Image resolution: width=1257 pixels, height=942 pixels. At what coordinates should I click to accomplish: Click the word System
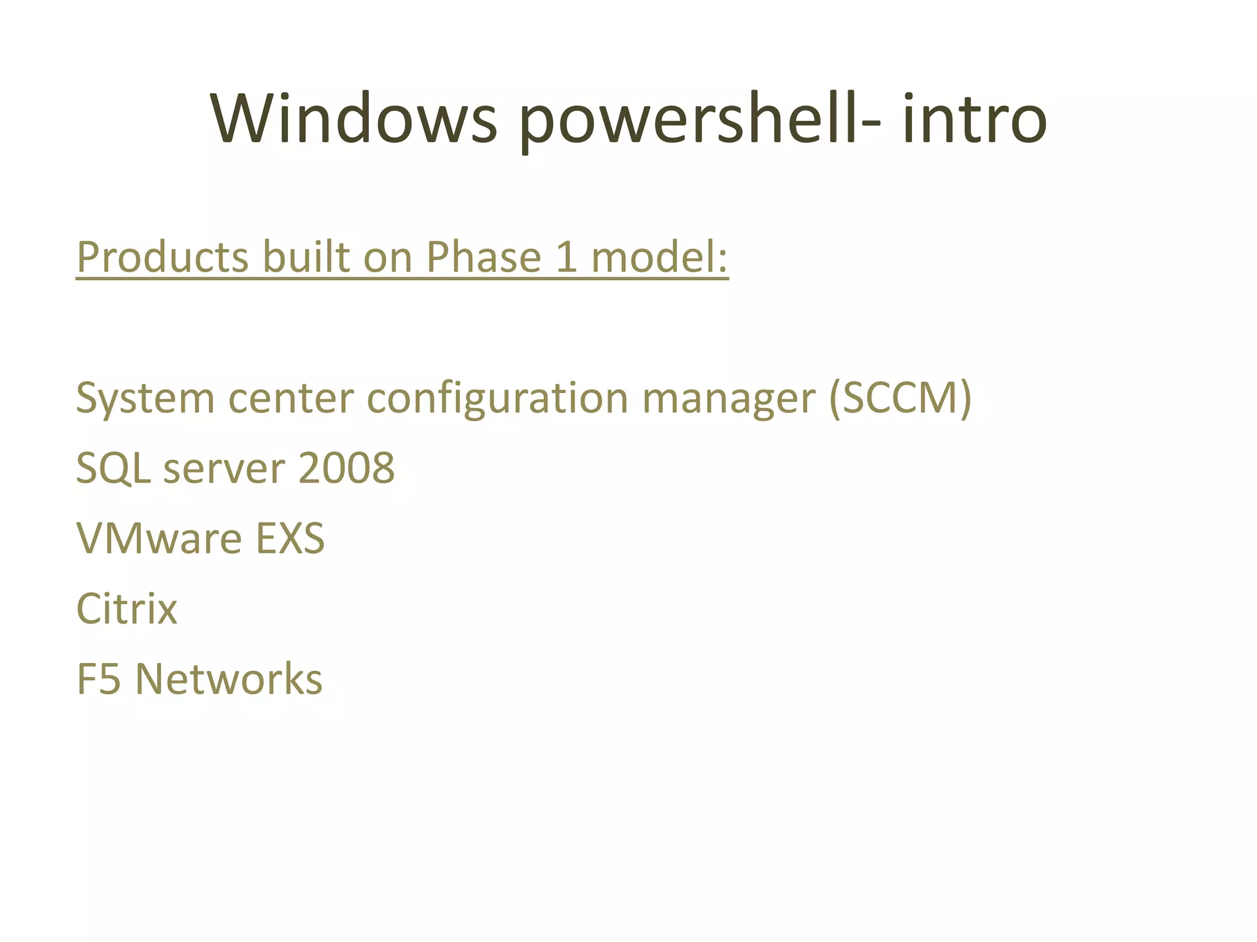click(145, 399)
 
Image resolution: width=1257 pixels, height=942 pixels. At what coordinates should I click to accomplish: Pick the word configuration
click(498, 399)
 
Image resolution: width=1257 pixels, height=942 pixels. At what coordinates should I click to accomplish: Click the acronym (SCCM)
click(900, 399)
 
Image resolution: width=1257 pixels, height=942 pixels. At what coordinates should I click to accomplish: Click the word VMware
click(159, 538)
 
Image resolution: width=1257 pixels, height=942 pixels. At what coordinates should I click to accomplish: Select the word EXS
click(290, 538)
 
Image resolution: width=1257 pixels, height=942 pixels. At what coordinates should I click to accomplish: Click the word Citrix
click(126, 609)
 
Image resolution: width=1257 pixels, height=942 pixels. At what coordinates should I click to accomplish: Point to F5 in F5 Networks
click(98, 679)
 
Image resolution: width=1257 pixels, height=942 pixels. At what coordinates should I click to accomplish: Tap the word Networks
click(228, 679)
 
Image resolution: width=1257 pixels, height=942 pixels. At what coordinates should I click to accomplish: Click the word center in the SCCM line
click(291, 399)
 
